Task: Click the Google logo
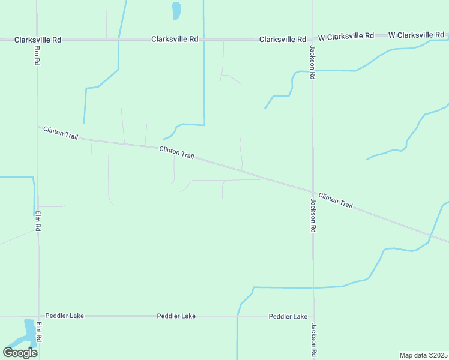pos(20,353)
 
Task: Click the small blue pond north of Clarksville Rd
pos(176,11)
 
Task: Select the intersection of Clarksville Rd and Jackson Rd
pos(312,39)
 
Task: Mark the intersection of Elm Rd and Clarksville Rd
pos(37,40)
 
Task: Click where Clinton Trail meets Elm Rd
pos(38,127)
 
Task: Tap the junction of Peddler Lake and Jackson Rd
pos(313,316)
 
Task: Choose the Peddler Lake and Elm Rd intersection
pos(39,316)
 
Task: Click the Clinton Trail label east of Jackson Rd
pos(335,200)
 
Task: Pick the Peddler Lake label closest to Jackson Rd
pos(288,316)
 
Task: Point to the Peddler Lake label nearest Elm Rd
pos(64,316)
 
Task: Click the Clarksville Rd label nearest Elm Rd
pos(38,40)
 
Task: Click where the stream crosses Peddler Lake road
pos(238,316)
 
